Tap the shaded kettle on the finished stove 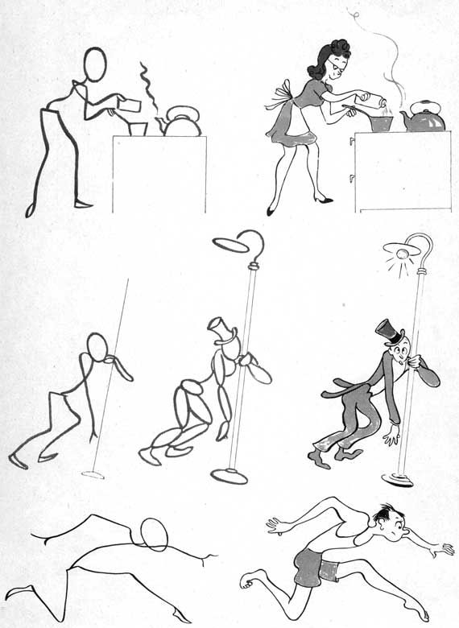[424, 118]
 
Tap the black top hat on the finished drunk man [389, 331]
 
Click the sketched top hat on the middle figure [220, 331]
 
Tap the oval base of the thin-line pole [93, 474]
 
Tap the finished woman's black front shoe [323, 199]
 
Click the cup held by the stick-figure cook [127, 105]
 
